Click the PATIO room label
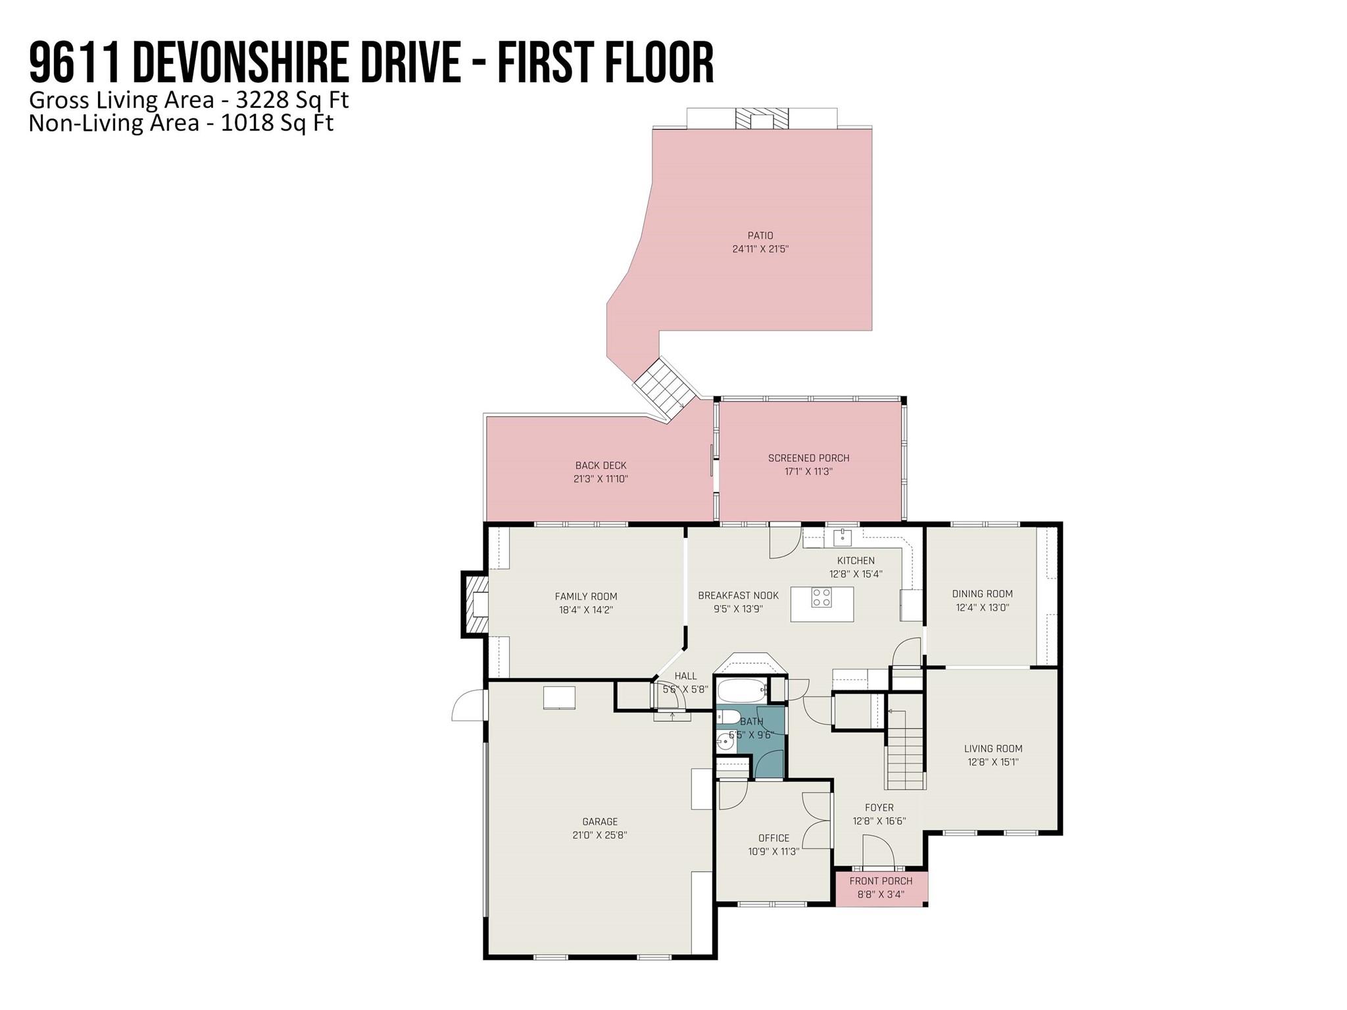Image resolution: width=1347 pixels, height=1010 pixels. click(x=760, y=235)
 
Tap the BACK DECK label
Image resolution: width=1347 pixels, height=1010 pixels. click(x=600, y=466)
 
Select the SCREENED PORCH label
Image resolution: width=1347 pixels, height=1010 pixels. click(x=809, y=458)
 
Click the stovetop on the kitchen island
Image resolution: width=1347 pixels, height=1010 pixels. click(x=821, y=597)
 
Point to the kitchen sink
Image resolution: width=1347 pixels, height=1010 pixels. click(x=843, y=537)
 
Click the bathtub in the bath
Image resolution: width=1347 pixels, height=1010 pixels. click(x=743, y=691)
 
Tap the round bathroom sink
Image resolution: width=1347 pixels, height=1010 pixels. click(x=725, y=742)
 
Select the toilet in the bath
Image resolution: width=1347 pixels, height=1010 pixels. click(x=728, y=716)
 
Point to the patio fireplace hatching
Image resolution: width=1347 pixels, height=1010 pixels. click(x=762, y=119)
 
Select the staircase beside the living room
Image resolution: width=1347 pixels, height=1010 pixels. click(x=906, y=749)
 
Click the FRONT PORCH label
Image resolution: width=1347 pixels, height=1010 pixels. click(x=881, y=881)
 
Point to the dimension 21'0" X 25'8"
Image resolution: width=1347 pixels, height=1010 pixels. click(x=600, y=835)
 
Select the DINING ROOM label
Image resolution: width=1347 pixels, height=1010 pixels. click(x=982, y=594)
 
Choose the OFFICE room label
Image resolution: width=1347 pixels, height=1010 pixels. click(x=773, y=838)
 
